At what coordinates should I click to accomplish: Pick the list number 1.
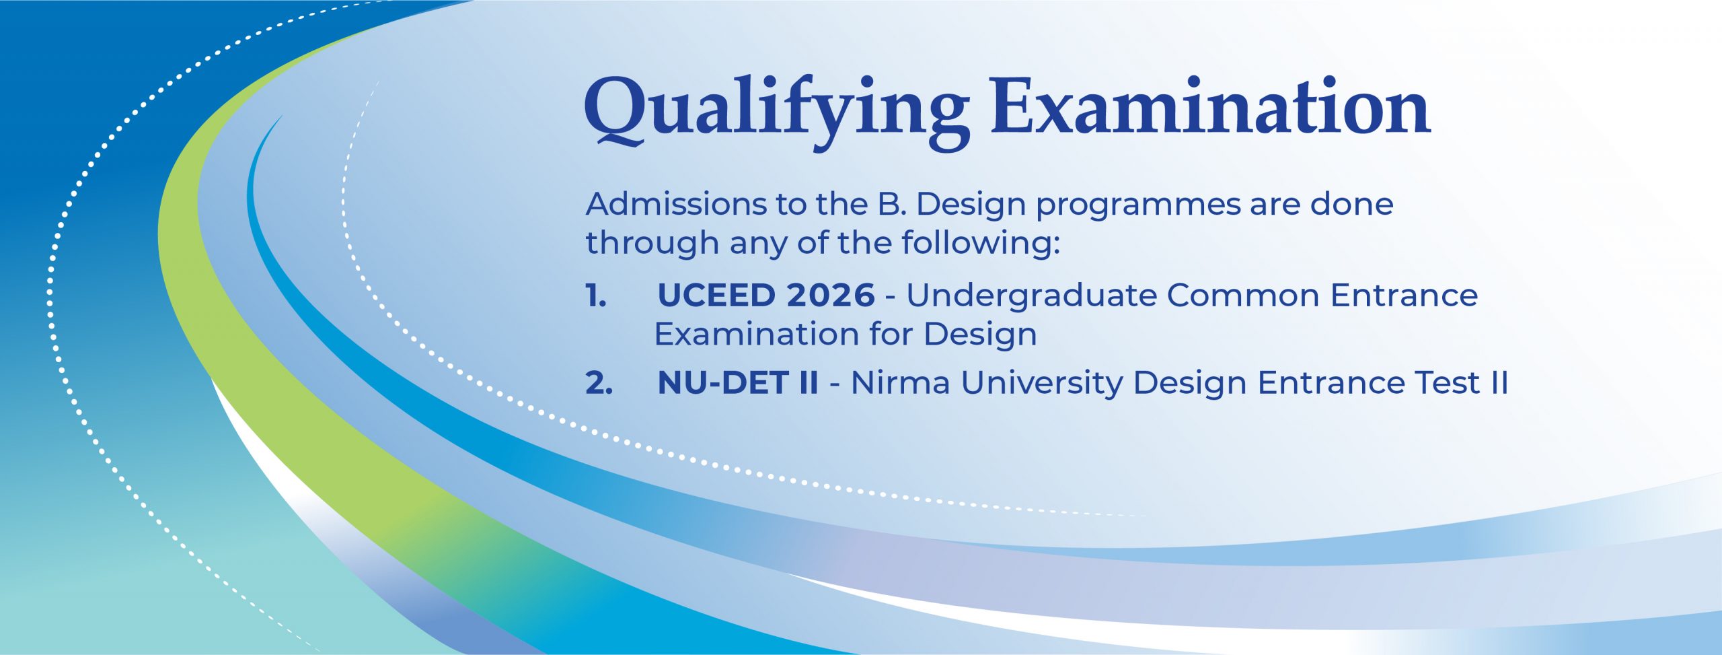596,296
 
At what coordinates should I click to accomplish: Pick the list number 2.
599,383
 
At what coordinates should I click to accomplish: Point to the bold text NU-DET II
738,383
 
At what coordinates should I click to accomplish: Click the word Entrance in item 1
1405,296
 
